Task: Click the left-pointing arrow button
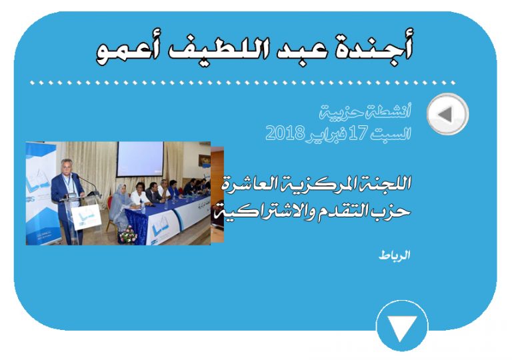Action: coord(448,114)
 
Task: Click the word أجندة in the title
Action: coord(373,49)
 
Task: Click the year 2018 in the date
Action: coord(285,133)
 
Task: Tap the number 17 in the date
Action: coord(358,133)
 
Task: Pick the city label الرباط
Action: coord(395,255)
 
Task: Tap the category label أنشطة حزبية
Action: coord(365,112)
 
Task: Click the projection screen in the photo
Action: coord(140,159)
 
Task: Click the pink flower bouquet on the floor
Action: coord(128,235)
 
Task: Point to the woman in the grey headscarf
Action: coord(122,205)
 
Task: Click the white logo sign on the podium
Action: coord(86,216)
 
